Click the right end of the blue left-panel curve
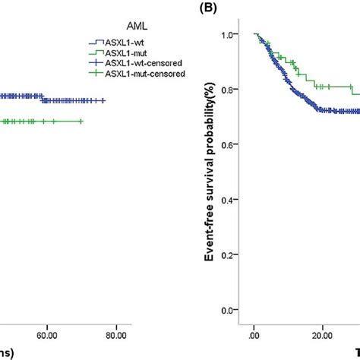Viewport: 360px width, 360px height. pos(104,100)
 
